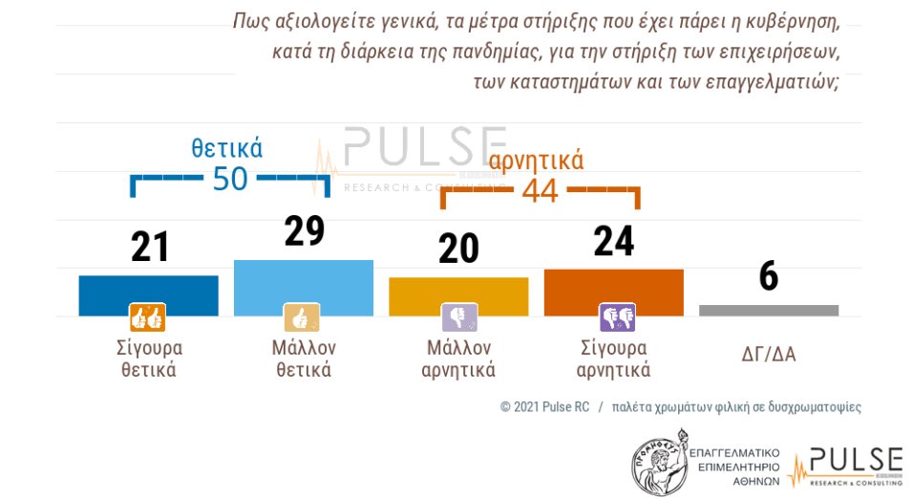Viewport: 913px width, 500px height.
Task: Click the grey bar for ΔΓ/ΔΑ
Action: [x=768, y=310]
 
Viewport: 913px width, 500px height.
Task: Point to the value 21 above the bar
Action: [x=149, y=247]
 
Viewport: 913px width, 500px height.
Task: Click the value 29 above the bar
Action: [x=305, y=230]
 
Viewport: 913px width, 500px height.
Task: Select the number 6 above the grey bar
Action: [x=768, y=276]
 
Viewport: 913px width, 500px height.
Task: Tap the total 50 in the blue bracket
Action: [x=230, y=178]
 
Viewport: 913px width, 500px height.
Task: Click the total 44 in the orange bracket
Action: [x=540, y=190]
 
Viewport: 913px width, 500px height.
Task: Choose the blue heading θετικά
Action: [x=226, y=147]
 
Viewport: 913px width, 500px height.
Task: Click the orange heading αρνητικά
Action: [x=536, y=160]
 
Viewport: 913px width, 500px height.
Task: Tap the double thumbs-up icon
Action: [x=147, y=316]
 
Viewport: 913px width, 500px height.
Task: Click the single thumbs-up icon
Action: [x=302, y=316]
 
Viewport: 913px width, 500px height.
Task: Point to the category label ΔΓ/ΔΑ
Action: [x=768, y=356]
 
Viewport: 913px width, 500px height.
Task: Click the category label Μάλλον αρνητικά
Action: [x=458, y=358]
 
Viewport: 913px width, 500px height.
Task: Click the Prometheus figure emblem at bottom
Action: [x=660, y=460]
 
